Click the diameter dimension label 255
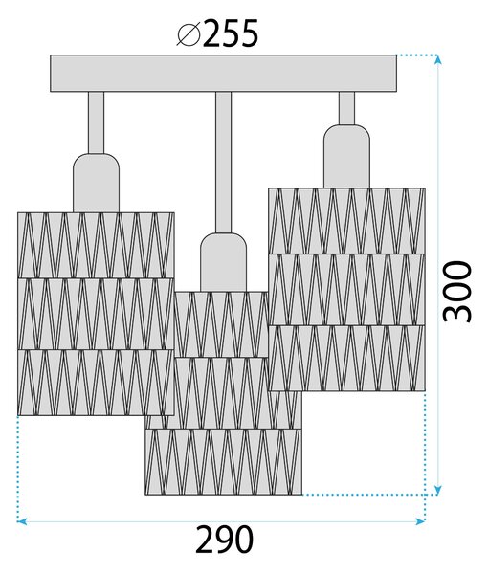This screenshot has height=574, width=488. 231,33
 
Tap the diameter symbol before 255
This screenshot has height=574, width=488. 189,34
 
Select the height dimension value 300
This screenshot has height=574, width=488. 456,292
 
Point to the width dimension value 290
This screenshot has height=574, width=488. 224,540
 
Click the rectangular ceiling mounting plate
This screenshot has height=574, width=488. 223,74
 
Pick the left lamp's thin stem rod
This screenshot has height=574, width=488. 96,122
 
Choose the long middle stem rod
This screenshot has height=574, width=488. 223,163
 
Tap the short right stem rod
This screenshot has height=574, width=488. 346,108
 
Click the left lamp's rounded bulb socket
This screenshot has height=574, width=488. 97,183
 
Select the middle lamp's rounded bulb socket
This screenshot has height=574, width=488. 223,262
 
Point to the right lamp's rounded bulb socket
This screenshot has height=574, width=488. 346,156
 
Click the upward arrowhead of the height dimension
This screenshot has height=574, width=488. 437,59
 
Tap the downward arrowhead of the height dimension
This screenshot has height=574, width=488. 437,490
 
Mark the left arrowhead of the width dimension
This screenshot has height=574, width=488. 22,521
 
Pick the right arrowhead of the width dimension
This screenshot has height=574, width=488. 420,521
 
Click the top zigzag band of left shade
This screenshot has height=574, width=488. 96,245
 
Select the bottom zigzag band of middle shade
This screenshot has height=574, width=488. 223,462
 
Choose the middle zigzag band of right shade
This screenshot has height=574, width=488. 346,290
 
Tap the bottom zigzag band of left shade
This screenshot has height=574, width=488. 96,383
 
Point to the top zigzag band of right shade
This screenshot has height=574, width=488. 346,221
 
